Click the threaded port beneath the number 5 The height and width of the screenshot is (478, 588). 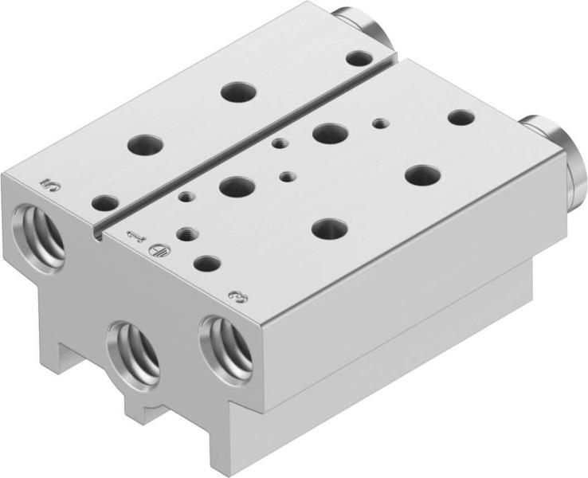point(38,239)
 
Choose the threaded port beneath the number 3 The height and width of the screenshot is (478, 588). point(225,351)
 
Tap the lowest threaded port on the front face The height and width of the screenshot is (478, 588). point(134,355)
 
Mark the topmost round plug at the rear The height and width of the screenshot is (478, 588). point(363,27)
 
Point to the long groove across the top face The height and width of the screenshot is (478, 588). point(249,147)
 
